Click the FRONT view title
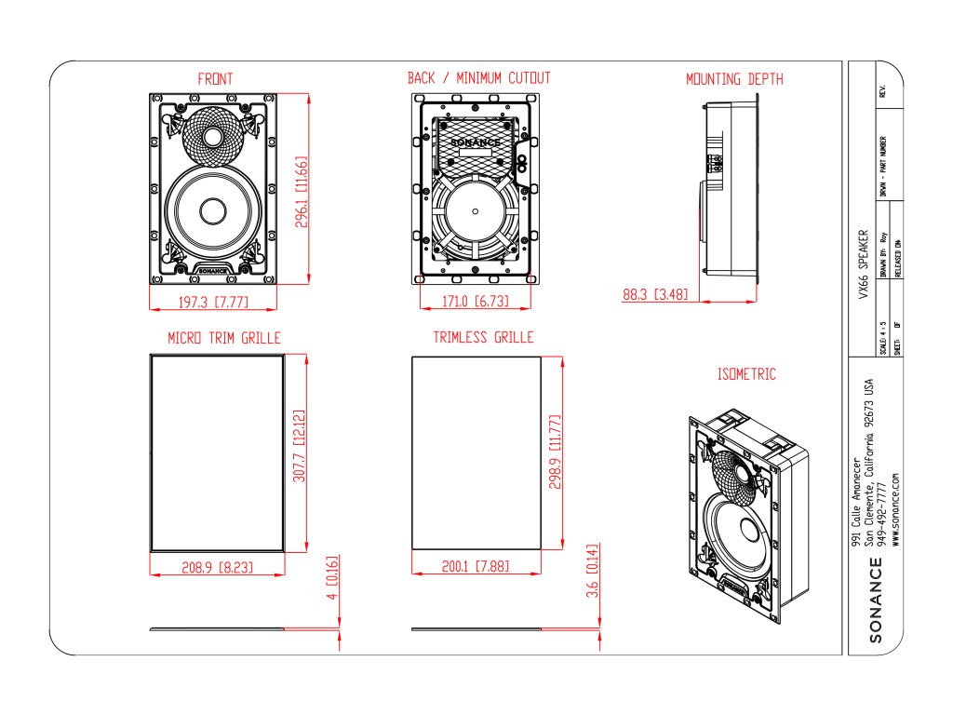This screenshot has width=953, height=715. [215, 79]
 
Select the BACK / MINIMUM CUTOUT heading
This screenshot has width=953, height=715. [478, 78]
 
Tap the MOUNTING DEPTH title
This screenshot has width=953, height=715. [734, 79]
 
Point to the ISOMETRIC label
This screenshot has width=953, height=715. [746, 374]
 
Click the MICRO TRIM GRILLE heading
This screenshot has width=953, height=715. [223, 337]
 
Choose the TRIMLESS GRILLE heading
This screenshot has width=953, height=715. [483, 337]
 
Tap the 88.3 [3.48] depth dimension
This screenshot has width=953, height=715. [655, 295]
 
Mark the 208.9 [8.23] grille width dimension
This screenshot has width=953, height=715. [218, 566]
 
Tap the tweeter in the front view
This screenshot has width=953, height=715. [214, 138]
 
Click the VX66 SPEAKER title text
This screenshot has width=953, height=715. [864, 265]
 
